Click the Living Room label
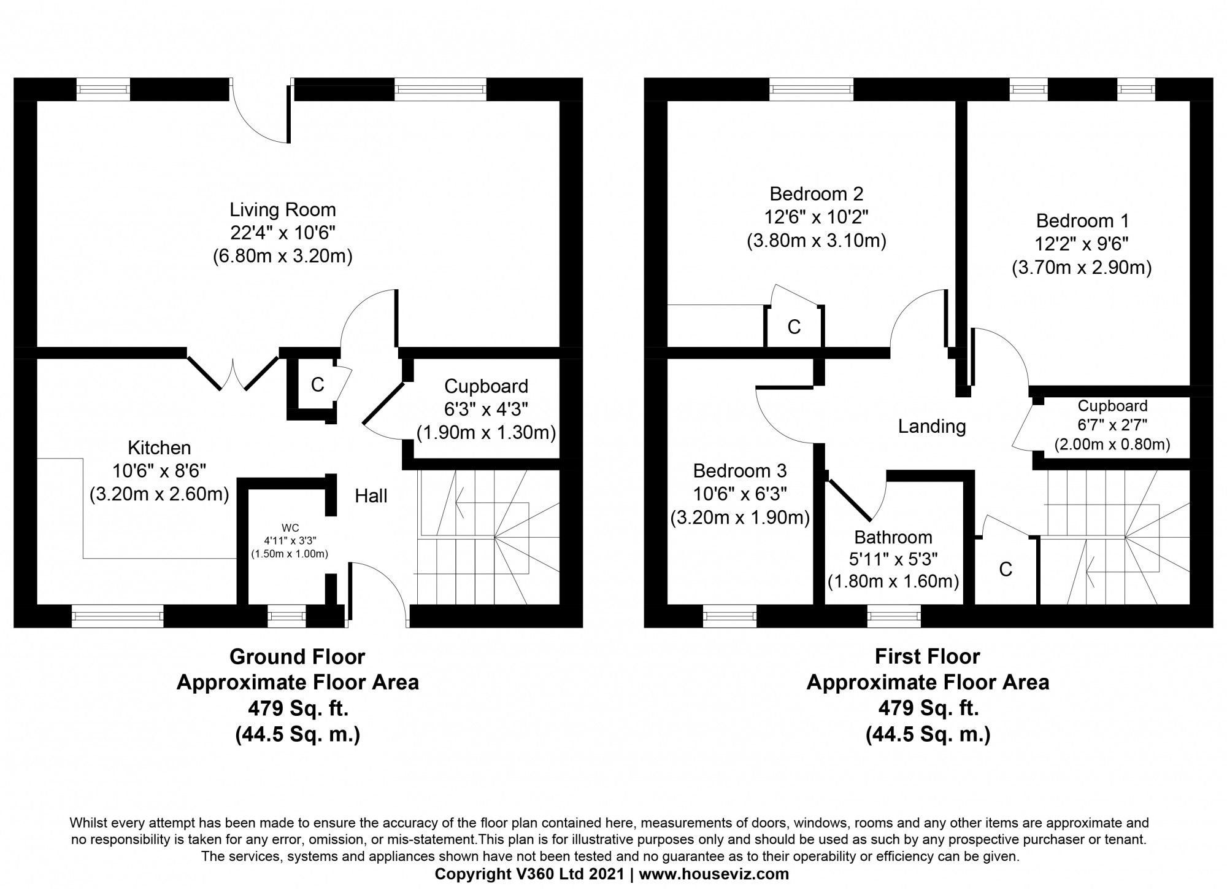tap(282, 210)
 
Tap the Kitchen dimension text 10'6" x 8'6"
tap(159, 470)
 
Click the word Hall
tap(371, 496)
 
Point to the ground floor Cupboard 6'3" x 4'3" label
tap(486, 387)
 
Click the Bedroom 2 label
tap(816, 194)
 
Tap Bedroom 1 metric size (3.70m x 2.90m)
tap(1081, 268)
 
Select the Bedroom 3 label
tap(739, 471)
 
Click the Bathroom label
tap(893, 537)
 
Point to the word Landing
tap(931, 426)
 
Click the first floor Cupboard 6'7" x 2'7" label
tap(1112, 406)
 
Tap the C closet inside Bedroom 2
tap(794, 327)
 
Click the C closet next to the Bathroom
tap(1005, 570)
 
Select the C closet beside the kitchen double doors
tap(317, 385)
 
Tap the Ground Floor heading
tap(297, 657)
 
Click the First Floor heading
tap(927, 657)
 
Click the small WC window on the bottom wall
tap(287, 615)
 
